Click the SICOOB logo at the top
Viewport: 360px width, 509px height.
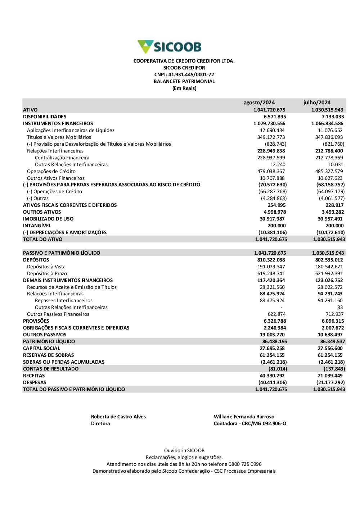click(x=170, y=47)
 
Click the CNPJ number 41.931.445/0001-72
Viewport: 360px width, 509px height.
click(x=184, y=74)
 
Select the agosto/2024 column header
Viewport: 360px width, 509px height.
click(x=259, y=103)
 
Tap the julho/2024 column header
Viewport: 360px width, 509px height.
click(x=317, y=103)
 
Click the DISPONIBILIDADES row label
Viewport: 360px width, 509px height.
click(x=45, y=117)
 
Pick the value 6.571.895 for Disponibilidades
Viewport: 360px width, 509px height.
click(x=275, y=117)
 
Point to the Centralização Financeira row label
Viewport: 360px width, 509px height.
click(x=62, y=158)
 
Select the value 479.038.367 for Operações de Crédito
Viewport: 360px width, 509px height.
click(x=271, y=171)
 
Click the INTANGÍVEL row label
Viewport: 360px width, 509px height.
click(x=37, y=226)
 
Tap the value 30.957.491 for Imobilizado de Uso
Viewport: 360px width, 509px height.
click(x=330, y=219)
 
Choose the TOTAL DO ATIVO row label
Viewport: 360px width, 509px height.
click(x=42, y=239)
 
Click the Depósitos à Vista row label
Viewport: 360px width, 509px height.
click(x=46, y=267)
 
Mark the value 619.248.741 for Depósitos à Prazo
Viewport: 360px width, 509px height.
click(x=271, y=273)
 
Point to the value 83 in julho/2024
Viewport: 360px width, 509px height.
click(x=340, y=307)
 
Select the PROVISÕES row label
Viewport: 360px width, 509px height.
click(x=36, y=321)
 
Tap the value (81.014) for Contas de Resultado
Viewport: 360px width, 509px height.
click(x=278, y=369)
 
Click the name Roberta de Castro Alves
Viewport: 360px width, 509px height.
click(x=118, y=417)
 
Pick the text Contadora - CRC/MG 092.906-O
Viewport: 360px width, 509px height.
click(x=250, y=423)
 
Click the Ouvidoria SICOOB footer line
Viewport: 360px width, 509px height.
click(x=184, y=450)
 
